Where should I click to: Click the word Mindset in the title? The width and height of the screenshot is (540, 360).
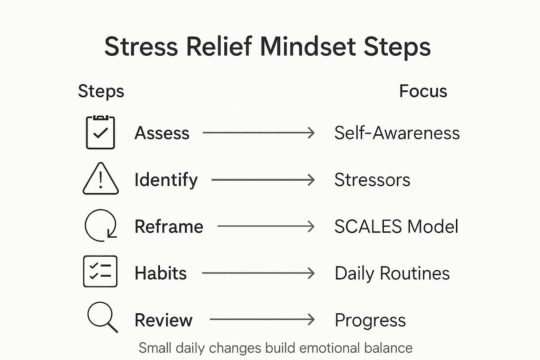click(308, 46)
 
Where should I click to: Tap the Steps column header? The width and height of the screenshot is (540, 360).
click(101, 91)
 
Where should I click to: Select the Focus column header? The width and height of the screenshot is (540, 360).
click(423, 91)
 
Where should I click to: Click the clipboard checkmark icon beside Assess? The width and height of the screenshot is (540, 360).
click(101, 133)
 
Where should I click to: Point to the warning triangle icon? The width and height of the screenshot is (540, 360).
click(101, 179)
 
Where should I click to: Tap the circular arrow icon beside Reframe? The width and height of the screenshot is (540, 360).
click(101, 226)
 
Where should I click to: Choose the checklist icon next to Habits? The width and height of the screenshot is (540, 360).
click(100, 271)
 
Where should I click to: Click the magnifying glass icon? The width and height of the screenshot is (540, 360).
click(102, 317)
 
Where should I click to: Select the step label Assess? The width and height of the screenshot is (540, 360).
click(162, 133)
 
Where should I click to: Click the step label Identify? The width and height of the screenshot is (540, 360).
click(166, 180)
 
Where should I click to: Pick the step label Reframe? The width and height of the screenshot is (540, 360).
click(169, 227)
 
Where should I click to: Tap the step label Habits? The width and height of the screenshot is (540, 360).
click(161, 273)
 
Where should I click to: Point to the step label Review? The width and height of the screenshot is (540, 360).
click(163, 320)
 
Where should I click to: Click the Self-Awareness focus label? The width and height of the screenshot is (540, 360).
click(397, 133)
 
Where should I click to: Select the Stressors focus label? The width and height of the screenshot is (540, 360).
click(372, 180)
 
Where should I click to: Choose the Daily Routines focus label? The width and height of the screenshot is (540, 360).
click(392, 274)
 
